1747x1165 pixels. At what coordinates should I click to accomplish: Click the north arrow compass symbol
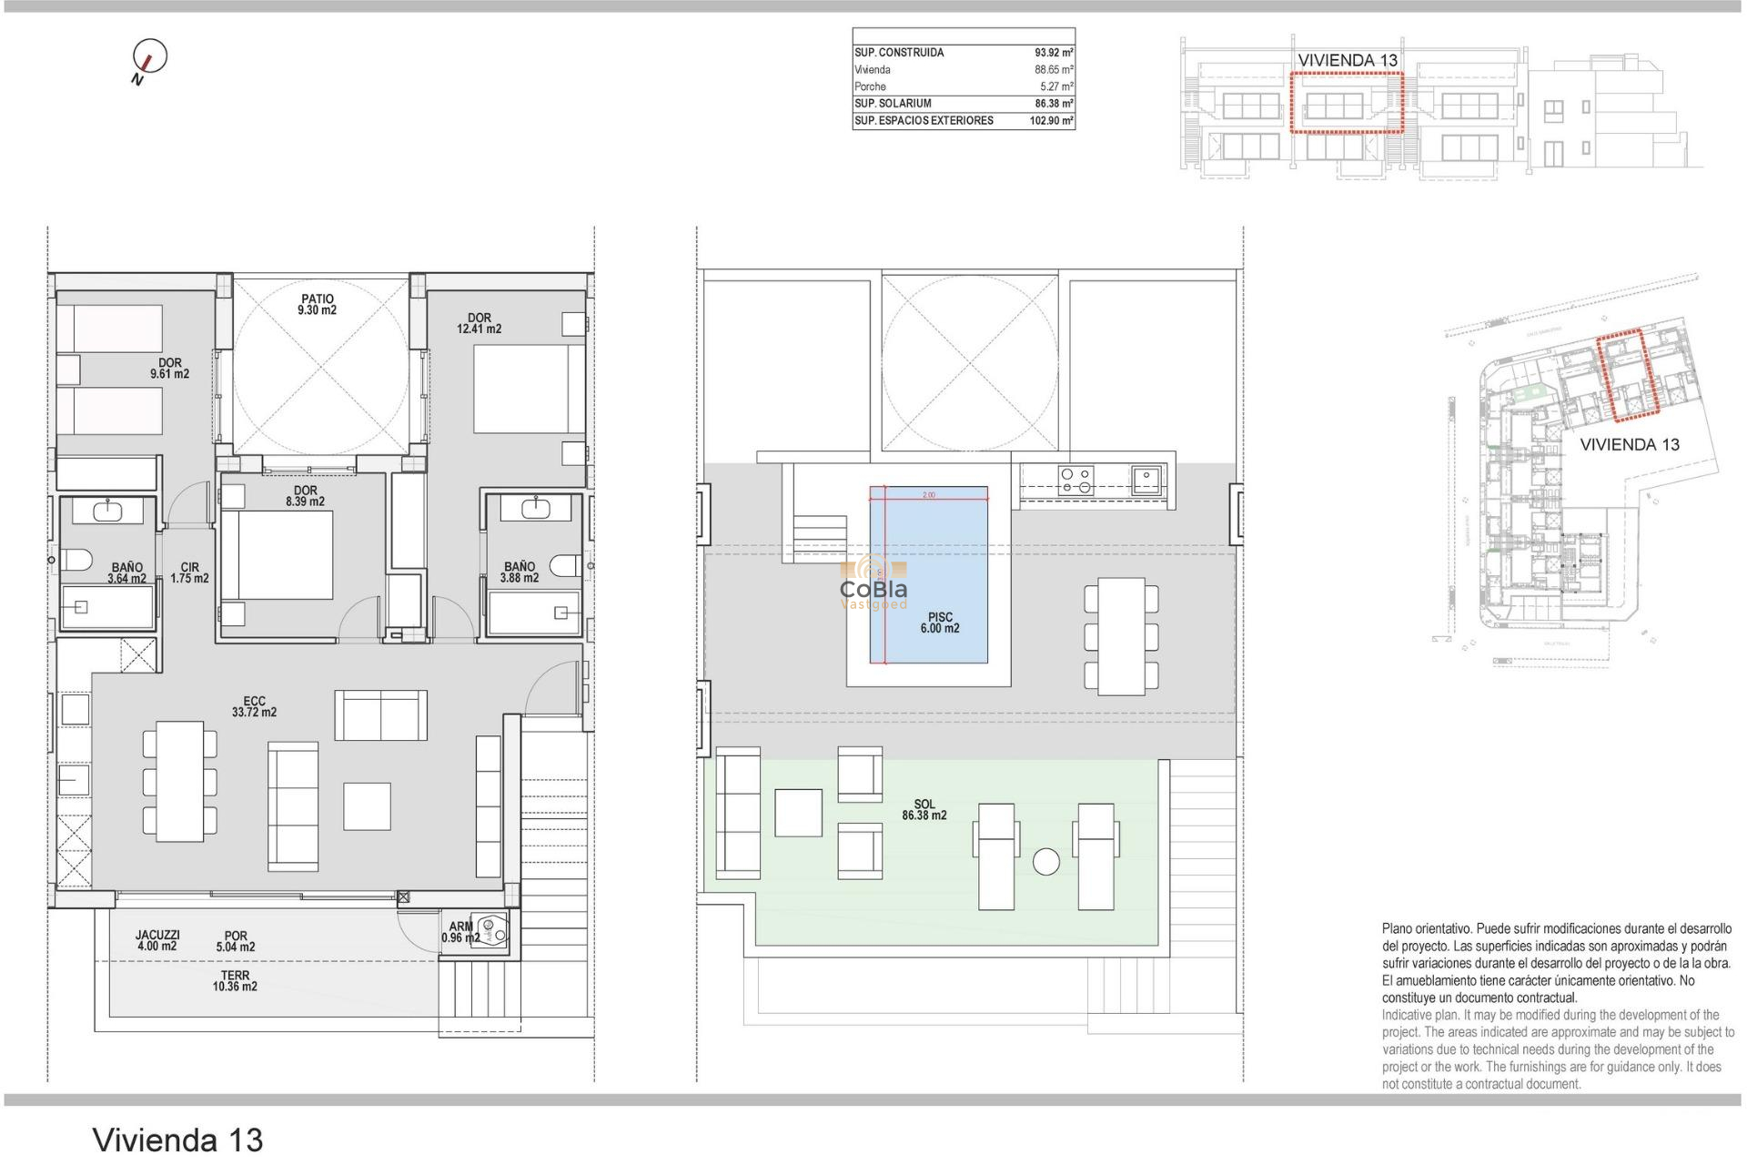(x=149, y=57)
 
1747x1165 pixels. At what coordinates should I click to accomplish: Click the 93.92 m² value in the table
(x=1053, y=53)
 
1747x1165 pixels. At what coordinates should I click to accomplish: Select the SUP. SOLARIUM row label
(x=893, y=104)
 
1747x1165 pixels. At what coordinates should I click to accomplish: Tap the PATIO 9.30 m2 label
(x=317, y=305)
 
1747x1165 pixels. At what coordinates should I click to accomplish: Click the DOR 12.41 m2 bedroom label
(x=479, y=324)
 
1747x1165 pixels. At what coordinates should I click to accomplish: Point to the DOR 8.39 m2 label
(x=305, y=496)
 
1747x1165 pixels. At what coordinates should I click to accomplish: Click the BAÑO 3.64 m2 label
(x=126, y=572)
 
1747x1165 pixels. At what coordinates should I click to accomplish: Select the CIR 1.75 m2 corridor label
(x=189, y=572)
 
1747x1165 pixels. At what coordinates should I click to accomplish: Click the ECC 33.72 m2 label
(x=254, y=707)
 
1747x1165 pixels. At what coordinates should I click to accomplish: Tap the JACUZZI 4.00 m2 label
(x=157, y=940)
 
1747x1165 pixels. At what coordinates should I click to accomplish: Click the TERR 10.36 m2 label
(x=235, y=980)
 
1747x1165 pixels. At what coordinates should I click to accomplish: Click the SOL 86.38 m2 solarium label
(x=924, y=810)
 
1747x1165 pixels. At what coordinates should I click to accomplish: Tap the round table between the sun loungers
(x=1046, y=861)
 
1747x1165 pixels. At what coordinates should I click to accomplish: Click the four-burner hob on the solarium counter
(x=1075, y=480)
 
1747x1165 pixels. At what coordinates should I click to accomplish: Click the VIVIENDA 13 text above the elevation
(x=1347, y=60)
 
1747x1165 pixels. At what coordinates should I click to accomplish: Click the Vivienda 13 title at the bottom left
(x=177, y=1140)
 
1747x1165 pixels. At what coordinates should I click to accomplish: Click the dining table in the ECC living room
(x=179, y=781)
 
